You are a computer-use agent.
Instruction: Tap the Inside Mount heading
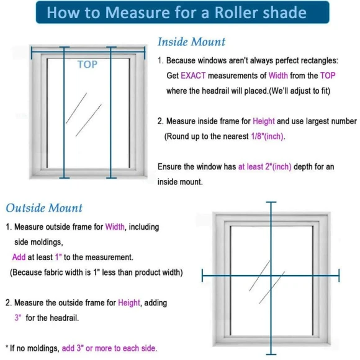coord(191,42)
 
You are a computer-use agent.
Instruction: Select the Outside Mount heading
coord(44,208)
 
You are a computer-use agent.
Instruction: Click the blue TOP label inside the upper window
coord(87,65)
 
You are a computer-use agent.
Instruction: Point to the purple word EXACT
coord(194,76)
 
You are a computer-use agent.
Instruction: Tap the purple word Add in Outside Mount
coord(19,256)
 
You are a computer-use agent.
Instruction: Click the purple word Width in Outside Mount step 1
coord(115,227)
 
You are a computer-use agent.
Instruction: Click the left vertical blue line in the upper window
coord(61,112)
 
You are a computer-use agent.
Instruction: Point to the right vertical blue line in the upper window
coord(109,112)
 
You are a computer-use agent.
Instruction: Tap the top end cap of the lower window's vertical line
coord(271,203)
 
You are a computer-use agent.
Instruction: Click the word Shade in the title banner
coord(282,12)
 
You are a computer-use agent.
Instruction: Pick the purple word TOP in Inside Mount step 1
coord(328,76)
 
